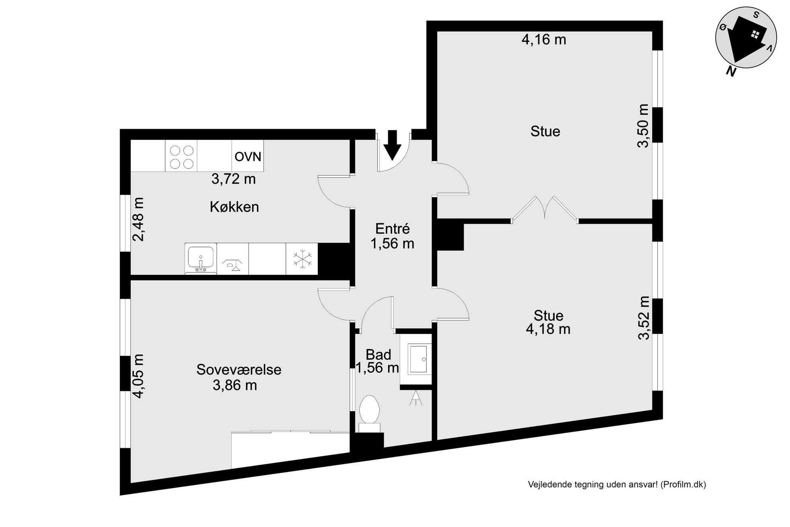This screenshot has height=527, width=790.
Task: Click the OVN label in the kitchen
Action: coord(248,157)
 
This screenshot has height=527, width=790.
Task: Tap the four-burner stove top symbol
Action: coord(182,157)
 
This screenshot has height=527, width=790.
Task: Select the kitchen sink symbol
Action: coord(201,259)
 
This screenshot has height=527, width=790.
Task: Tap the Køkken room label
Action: coord(235,207)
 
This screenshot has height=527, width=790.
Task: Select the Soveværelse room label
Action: coord(239,370)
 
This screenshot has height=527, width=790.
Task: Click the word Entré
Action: coord(393,229)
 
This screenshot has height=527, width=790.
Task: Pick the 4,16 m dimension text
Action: coord(544,39)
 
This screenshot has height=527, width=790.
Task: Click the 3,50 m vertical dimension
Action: coord(643,126)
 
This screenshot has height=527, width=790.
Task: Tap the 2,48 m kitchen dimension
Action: coord(138,219)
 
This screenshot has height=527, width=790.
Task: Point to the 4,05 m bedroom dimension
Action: coord(138,376)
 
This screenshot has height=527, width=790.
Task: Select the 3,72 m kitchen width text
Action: coord(233,179)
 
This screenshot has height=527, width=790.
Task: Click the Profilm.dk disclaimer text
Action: coord(617,484)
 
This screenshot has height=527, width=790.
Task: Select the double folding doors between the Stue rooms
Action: coord(544,208)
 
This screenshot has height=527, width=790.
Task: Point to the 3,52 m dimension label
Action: coord(643,317)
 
